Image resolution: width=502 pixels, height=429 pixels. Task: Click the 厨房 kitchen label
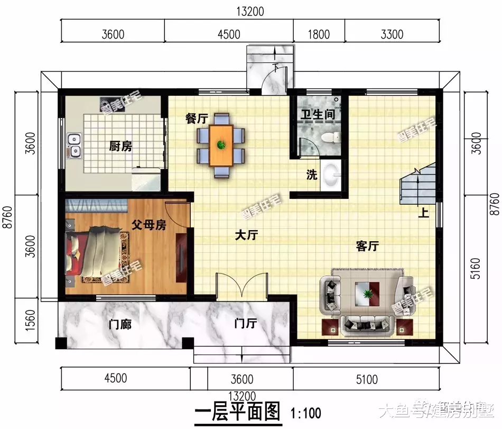(x=120, y=147)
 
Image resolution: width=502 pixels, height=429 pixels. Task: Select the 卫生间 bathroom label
(x=318, y=114)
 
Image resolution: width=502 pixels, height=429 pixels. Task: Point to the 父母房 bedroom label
(x=149, y=225)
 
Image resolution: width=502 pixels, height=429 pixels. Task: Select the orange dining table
(x=221, y=144)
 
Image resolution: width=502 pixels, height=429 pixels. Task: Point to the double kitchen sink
(x=74, y=146)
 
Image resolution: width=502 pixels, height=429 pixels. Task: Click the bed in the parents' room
(x=95, y=253)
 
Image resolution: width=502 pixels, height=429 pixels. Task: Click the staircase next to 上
(x=419, y=185)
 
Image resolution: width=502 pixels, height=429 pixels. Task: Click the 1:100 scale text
(x=305, y=411)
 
